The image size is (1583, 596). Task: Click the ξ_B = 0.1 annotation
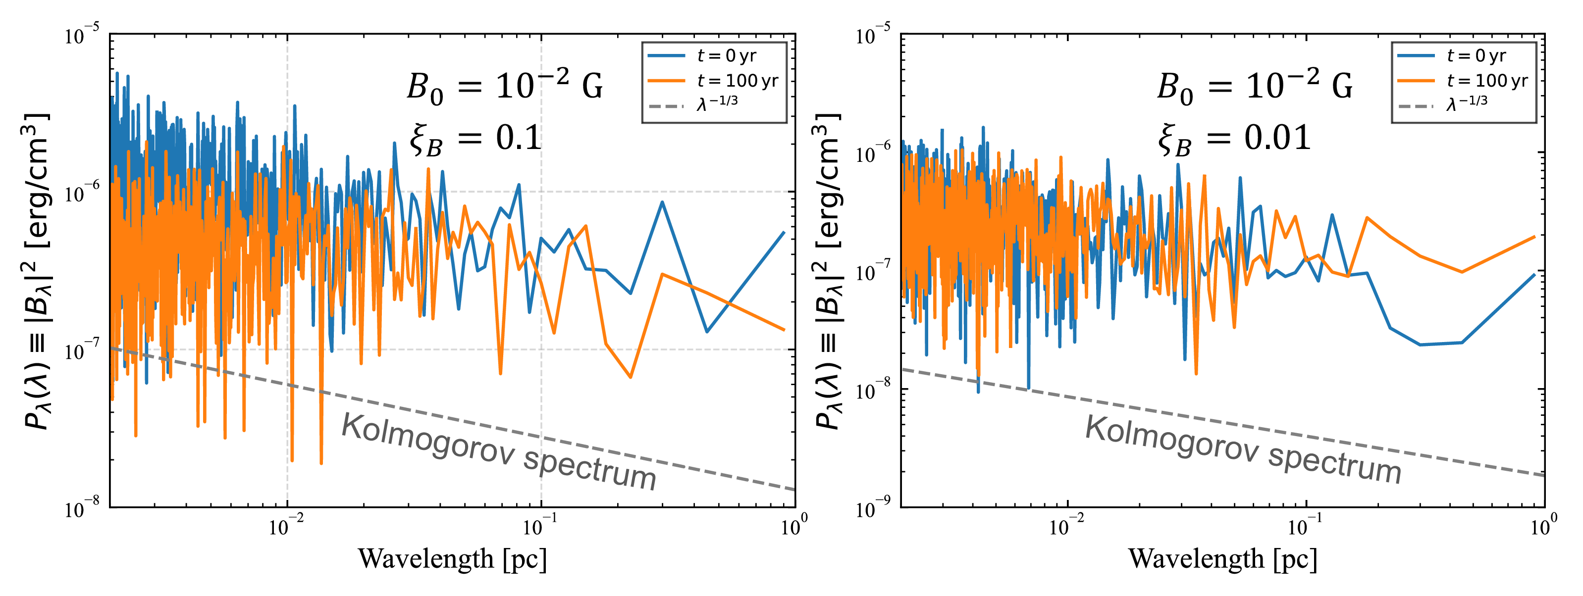coord(475,139)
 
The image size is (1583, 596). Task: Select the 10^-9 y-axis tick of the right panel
coord(873,509)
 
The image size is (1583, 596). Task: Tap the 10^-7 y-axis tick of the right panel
coord(873,272)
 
